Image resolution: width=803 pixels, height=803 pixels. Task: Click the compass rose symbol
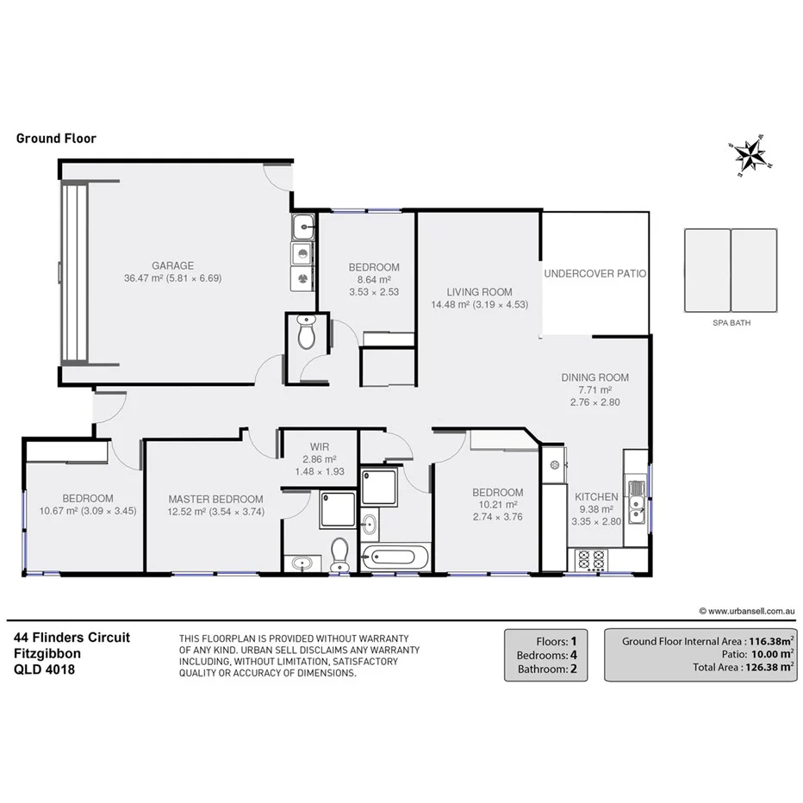pos(750,155)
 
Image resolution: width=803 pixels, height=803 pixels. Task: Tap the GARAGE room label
pos(173,265)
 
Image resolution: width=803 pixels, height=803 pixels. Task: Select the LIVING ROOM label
pos(479,291)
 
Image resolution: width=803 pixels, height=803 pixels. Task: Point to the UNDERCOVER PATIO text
pos(594,273)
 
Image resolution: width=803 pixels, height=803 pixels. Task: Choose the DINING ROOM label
pos(594,377)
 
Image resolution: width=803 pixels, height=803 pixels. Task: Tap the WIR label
pos(319,447)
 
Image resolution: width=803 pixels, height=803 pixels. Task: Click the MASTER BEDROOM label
pos(215,499)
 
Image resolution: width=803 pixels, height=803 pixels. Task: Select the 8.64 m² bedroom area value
pos(374,280)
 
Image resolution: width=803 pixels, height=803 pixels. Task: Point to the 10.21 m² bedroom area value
pos(497,505)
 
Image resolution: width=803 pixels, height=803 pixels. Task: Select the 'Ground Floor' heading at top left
pos(56,138)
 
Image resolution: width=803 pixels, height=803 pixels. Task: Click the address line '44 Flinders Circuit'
pos(72,638)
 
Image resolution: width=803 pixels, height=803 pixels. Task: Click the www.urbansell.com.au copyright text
pos(746,611)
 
